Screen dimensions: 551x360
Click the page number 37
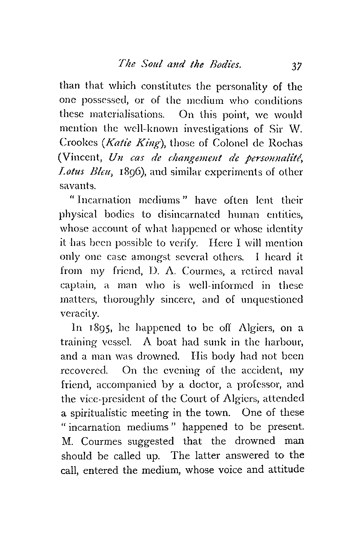(x=296, y=66)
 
